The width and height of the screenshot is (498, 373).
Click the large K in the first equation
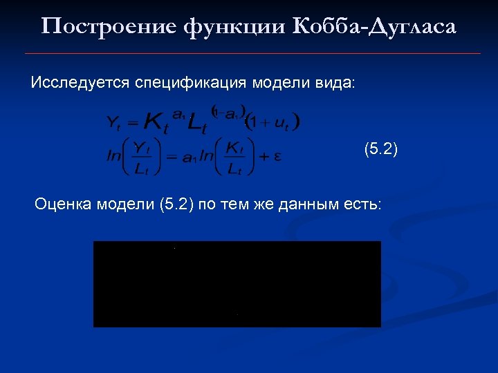click(156, 123)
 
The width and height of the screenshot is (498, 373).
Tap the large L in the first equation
click(198, 124)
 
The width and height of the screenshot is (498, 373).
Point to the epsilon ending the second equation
click(277, 156)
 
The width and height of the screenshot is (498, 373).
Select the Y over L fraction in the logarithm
click(142, 157)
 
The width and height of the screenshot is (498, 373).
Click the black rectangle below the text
click(237, 284)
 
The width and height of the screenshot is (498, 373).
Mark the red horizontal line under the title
click(252, 53)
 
